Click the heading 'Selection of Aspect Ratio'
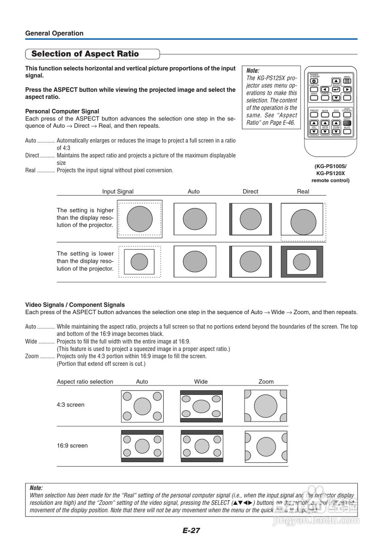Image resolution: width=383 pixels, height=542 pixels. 85,54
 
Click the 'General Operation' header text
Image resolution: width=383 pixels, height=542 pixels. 54,33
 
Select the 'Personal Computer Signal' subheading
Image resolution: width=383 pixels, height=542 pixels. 62,111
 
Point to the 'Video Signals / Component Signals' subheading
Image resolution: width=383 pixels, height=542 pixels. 75,305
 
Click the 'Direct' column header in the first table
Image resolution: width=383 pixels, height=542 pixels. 250,191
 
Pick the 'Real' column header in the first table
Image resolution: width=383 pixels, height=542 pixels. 303,191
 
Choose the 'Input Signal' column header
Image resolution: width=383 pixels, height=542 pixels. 118,191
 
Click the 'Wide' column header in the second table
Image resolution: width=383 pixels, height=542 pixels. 201,382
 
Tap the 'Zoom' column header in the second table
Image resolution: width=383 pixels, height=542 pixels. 266,382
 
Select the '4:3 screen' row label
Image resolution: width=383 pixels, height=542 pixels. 71,405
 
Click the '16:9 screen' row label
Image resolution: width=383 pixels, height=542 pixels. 72,445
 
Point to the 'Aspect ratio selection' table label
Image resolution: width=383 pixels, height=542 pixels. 85,382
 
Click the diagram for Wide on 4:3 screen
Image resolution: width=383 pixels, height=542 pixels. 201,406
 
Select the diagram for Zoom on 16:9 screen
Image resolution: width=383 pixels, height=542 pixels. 266,446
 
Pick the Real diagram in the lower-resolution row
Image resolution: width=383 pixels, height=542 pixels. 302,262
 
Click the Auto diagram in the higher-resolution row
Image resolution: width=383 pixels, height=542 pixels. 194,219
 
